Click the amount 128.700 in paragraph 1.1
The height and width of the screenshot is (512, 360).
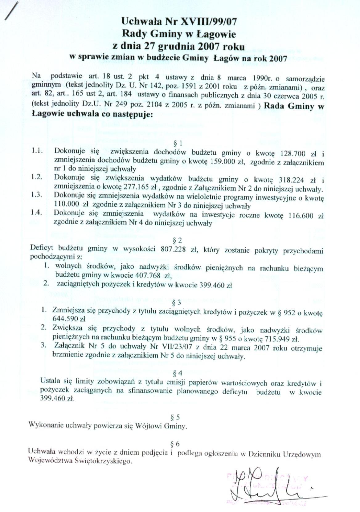tap(292, 153)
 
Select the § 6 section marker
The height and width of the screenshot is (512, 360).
tap(175, 444)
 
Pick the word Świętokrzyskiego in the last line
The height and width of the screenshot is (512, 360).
tap(103, 461)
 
